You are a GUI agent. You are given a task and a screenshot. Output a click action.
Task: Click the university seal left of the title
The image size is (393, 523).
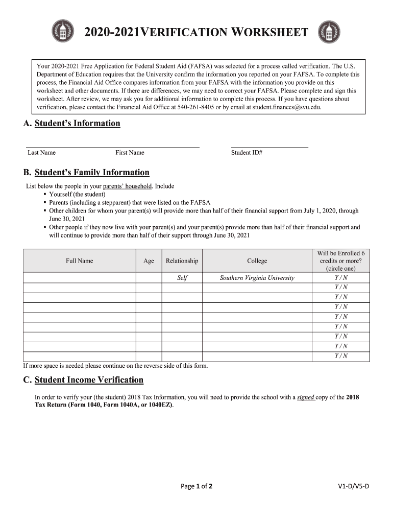coord(63,33)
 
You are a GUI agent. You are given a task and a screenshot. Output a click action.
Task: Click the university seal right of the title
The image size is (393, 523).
coord(329,33)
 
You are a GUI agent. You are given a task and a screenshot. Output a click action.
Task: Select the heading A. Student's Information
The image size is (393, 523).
coord(71,124)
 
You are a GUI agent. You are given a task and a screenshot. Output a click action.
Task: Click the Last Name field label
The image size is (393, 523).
coord(41,153)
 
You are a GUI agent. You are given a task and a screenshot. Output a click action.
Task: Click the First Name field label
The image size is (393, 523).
coord(130,153)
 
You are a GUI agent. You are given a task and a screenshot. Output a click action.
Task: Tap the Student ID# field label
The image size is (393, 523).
coord(247,153)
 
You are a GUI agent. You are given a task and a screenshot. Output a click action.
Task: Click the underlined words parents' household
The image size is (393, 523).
coord(127,186)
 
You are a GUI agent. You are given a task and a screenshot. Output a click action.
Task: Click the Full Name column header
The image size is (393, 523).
coord(79,261)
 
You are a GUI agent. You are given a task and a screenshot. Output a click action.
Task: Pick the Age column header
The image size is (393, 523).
coord(149,261)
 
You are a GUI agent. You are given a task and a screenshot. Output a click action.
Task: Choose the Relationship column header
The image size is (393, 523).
coord(182,261)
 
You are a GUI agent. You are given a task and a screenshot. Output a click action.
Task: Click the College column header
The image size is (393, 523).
coord(257,261)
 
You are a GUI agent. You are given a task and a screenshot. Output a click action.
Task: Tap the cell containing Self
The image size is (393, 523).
coord(182,278)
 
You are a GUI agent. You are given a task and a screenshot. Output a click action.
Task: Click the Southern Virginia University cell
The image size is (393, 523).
coord(257,278)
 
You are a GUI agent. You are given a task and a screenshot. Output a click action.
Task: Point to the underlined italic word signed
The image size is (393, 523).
coord(306,397)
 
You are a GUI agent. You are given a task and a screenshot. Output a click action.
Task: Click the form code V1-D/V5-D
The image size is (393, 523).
coord(353,486)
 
